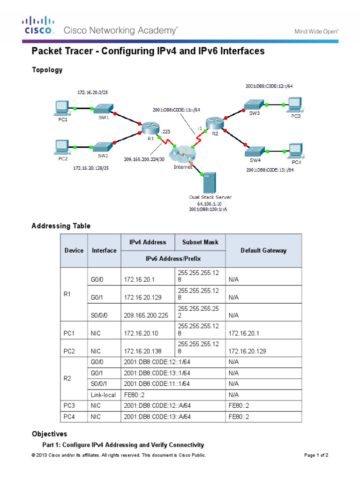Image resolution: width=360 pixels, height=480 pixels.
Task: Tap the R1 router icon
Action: (150, 127)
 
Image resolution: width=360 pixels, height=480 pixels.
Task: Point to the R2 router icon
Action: (214, 123)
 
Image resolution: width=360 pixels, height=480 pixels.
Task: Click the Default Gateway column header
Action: (263, 250)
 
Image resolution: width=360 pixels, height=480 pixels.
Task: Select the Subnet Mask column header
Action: (200, 242)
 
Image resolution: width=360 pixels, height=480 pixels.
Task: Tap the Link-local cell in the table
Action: (103, 395)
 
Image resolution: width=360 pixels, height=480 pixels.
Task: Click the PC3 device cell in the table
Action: (68, 405)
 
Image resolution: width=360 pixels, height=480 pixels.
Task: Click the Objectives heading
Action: (49, 434)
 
